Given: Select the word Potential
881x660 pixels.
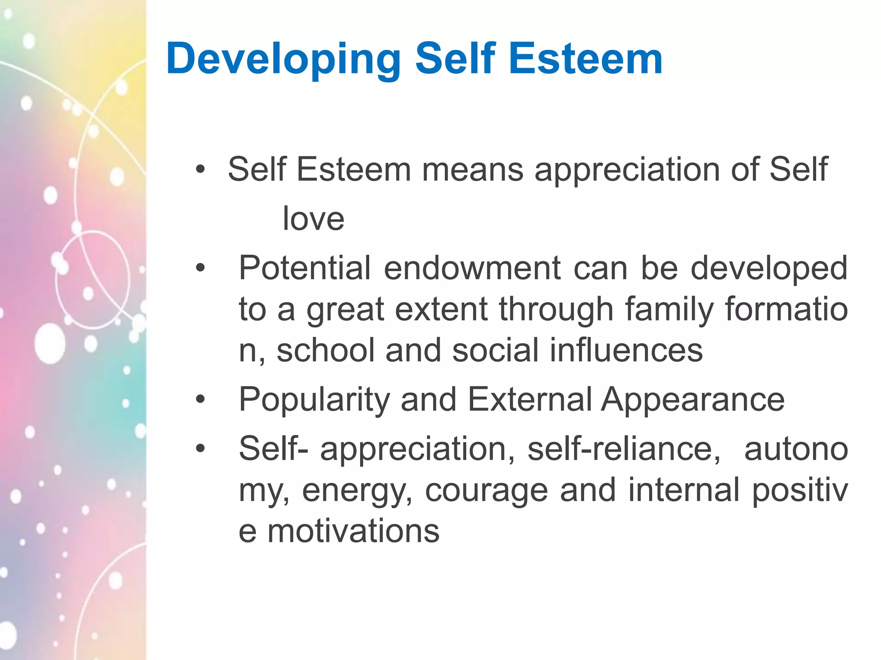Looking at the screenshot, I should point(305,268).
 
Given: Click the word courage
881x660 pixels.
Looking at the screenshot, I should point(486,491).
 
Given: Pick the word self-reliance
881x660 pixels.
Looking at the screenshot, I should point(624,449).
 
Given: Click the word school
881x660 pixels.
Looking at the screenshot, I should point(326,350).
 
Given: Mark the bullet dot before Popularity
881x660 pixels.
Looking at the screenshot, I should point(200,400).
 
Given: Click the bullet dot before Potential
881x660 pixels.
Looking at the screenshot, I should point(200,269).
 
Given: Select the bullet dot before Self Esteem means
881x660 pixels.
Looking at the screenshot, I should point(200,169).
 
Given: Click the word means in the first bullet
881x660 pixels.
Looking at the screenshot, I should point(472,170).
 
